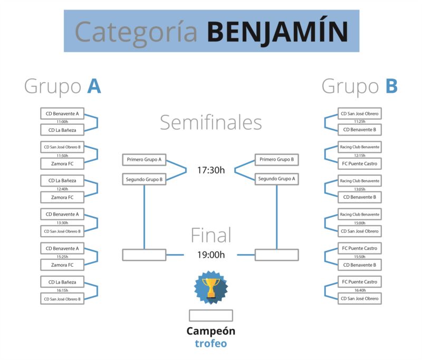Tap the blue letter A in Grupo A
[94, 86]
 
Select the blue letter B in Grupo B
[391, 86]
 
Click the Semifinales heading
[210, 123]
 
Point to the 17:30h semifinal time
[210, 170]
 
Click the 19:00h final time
[210, 255]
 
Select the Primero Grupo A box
[144, 159]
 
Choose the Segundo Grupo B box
[144, 179]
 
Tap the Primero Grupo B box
[276, 159]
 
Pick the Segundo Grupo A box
[276, 179]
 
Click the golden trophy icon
[211, 288]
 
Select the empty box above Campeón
[211, 315]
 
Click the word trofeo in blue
[210, 343]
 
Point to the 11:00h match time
[62, 122]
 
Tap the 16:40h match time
[360, 290]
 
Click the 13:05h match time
[360, 189]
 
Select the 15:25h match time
[62, 257]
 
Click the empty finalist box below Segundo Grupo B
[144, 255]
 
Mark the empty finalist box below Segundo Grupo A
[276, 255]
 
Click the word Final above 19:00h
[211, 235]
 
